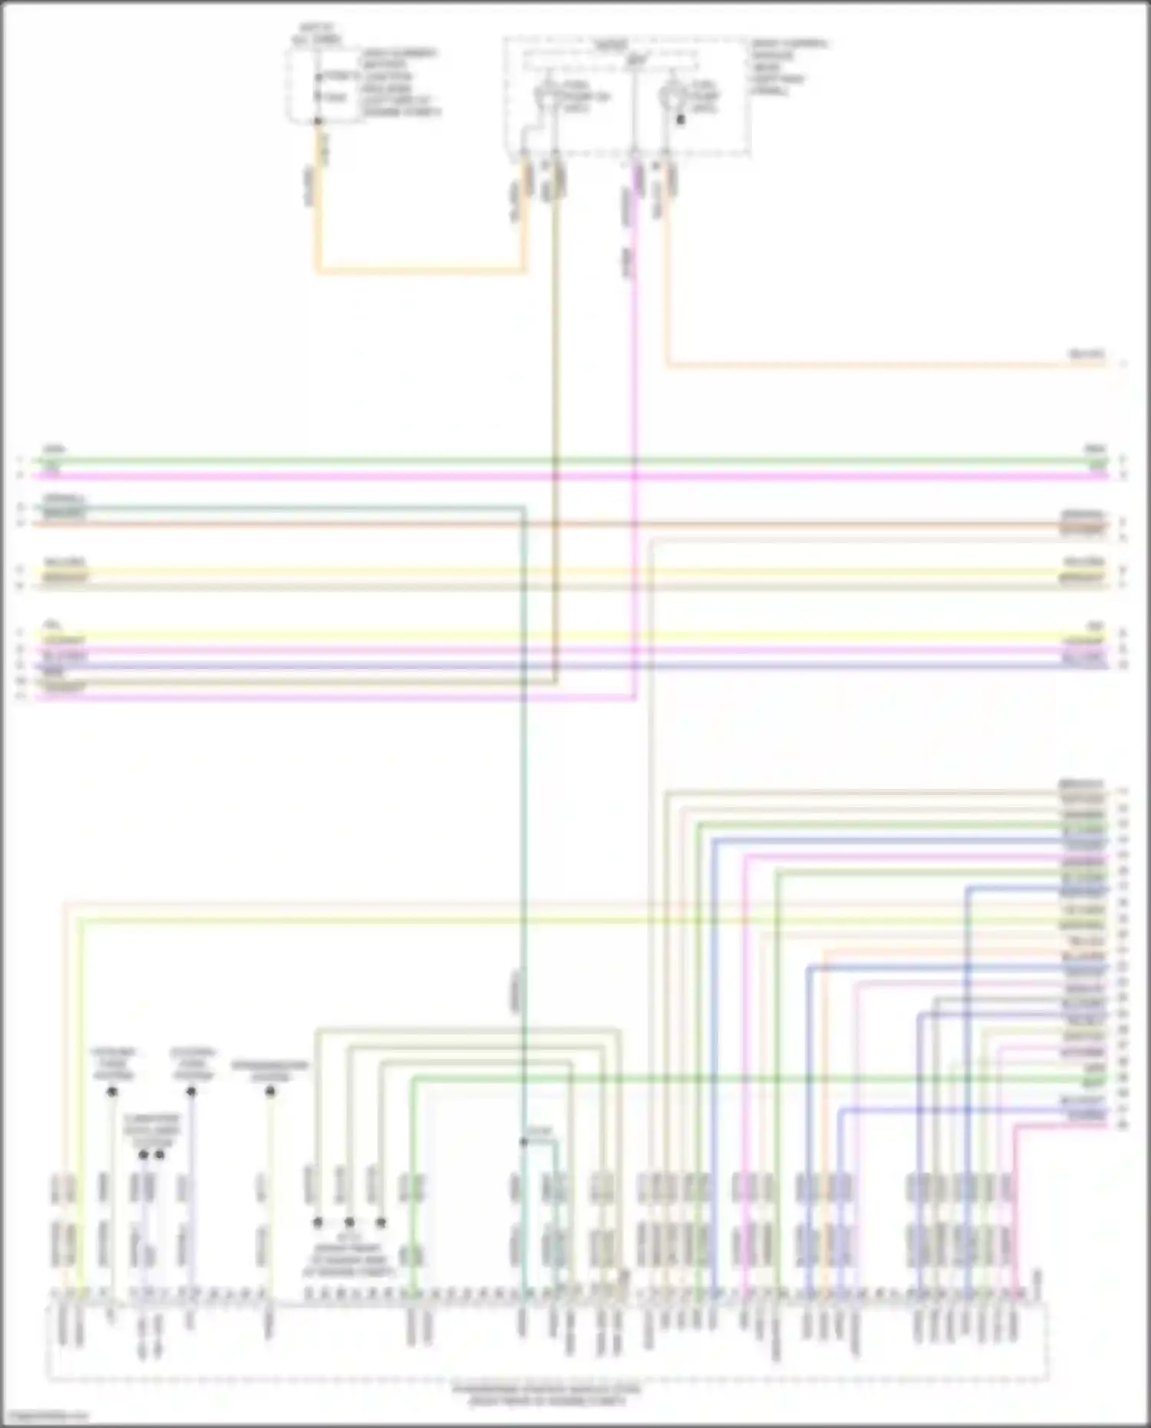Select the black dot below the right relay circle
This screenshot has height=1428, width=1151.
coord(679,120)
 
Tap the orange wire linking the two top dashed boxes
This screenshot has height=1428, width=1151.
coord(422,270)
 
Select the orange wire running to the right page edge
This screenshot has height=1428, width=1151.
coord(882,364)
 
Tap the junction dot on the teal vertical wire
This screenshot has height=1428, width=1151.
coord(523,1142)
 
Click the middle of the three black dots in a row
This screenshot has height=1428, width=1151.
coord(349,1222)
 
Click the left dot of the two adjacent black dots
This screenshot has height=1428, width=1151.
coord(143,1155)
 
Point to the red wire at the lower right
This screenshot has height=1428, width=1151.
coord(1015,1197)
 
